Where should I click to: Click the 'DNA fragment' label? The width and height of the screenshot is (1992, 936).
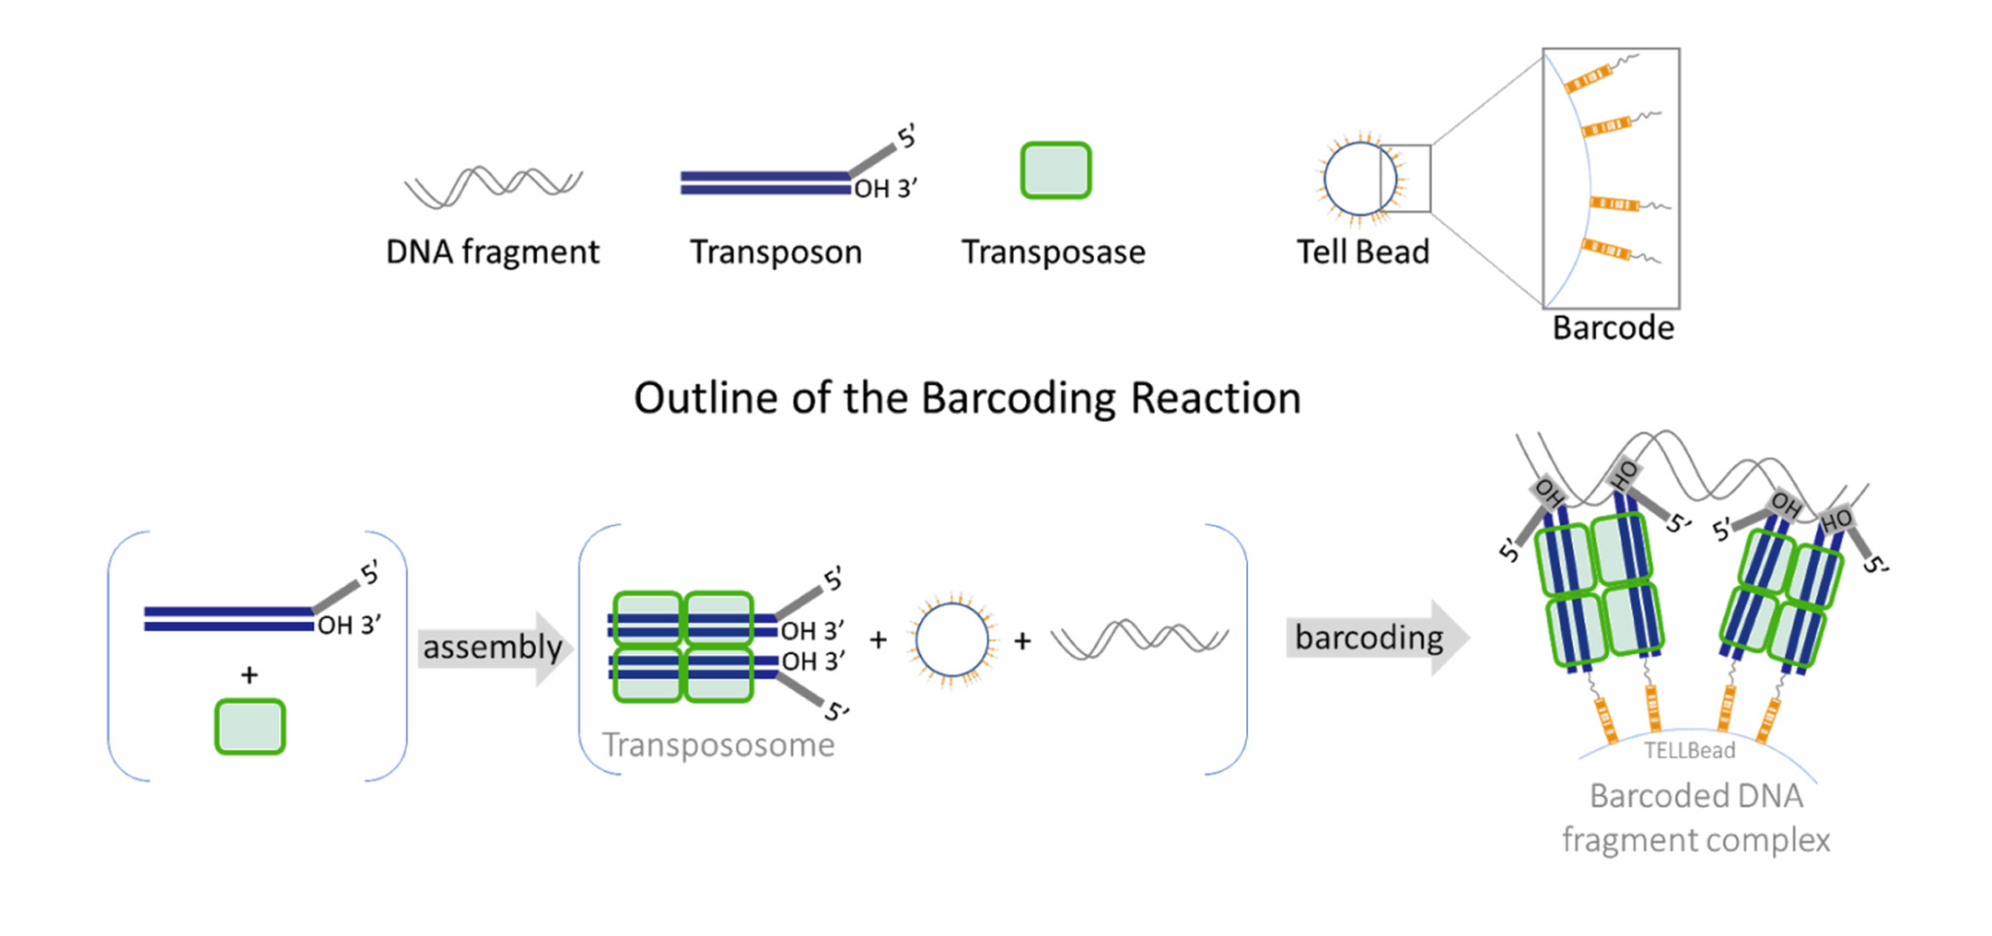click(492, 253)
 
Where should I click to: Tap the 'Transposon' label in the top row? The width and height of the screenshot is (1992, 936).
click(775, 253)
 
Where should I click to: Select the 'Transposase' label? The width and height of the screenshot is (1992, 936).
click(1053, 253)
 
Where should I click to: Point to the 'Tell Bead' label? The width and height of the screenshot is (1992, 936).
click(1363, 253)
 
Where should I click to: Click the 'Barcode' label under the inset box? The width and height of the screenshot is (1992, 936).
click(1613, 329)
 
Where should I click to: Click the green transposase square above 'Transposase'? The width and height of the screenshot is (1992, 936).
click(1055, 171)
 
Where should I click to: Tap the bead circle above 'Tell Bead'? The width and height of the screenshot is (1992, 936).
click(1360, 179)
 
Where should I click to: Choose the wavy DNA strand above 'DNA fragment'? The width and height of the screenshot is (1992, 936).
click(493, 186)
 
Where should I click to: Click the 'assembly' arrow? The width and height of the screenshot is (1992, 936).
click(494, 648)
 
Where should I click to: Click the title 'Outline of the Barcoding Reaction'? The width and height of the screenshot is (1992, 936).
click(967, 399)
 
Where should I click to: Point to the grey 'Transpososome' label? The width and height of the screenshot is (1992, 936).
click(718, 745)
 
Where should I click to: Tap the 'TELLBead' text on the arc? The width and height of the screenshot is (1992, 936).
click(1690, 750)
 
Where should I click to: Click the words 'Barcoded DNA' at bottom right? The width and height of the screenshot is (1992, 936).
click(1695, 796)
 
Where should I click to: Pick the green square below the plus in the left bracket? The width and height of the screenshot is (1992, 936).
click(250, 727)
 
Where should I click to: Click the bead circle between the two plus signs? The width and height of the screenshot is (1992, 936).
click(951, 640)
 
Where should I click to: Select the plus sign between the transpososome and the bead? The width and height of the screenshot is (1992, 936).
click(878, 641)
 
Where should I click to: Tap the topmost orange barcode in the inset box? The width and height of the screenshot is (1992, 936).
click(1587, 78)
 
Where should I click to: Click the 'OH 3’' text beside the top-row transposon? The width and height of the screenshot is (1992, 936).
click(885, 189)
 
